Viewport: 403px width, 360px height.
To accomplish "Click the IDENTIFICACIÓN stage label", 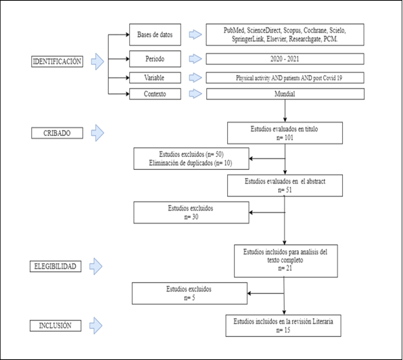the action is tap(57, 62).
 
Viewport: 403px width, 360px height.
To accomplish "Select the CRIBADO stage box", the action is tap(57, 133).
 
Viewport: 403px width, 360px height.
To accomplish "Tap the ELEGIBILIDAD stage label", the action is tap(55, 267).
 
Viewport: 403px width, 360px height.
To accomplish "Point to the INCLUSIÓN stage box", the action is tap(55, 325).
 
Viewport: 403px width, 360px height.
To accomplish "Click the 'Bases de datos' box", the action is tap(155, 35).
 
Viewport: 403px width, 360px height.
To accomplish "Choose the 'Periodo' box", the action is tap(155, 59).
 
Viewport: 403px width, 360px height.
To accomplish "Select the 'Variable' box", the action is tap(155, 78).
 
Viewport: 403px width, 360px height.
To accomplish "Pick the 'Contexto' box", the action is tap(155, 94).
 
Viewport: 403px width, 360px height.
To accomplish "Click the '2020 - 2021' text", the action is tap(285, 59).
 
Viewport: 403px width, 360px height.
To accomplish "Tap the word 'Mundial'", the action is tap(285, 94).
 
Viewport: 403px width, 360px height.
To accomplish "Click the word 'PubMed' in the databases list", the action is tap(234, 30).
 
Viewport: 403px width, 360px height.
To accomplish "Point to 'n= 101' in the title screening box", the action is tap(285, 137).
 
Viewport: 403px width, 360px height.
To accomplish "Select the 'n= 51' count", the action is tap(285, 190).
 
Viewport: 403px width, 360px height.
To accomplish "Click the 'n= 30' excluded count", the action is tap(191, 217).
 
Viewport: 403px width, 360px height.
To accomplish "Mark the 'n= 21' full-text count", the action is tap(285, 268).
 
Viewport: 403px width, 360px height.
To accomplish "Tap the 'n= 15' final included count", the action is tap(283, 330).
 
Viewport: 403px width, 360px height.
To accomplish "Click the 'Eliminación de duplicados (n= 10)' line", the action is tap(191, 163).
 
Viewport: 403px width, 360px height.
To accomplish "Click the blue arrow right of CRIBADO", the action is tap(97, 133).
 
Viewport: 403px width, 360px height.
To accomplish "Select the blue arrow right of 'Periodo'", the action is tap(195, 59).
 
